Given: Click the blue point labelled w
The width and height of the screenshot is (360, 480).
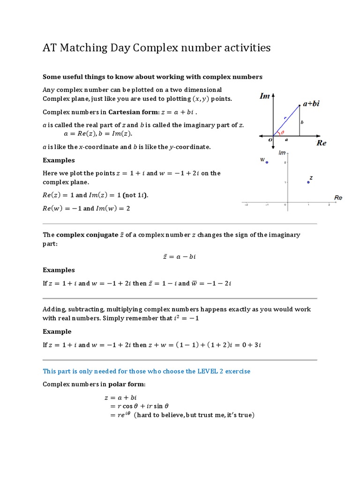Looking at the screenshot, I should click(x=267, y=162).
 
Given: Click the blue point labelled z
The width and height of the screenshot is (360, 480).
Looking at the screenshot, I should click(x=308, y=182).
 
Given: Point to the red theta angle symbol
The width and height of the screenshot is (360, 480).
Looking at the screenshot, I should click(x=282, y=133).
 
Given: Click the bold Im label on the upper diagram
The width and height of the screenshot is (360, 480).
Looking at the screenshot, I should click(x=265, y=96).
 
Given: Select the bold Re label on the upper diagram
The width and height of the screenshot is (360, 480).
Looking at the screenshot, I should click(x=321, y=143).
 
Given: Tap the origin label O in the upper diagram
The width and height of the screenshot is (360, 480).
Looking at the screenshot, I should click(x=270, y=139).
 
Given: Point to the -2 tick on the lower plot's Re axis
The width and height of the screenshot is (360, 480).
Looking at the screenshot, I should click(x=246, y=205).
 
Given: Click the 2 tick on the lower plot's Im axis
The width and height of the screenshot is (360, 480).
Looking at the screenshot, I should click(x=285, y=162).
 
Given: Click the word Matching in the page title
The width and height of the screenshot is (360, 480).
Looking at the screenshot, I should click(x=88, y=47).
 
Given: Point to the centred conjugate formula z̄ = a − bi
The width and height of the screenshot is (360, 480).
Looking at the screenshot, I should click(x=180, y=257).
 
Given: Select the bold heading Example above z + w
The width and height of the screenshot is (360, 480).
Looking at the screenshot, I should click(x=57, y=331).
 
